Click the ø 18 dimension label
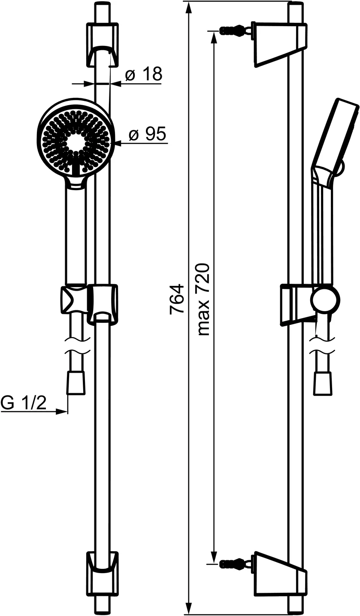coord(143,74)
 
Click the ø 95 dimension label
coord(147,134)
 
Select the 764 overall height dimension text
coord(176,299)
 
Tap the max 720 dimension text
coord(203,299)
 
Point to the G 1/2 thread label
coord(24,403)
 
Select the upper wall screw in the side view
coord(234,30)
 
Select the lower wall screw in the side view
coord(234,563)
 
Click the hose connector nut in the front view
coord(76,383)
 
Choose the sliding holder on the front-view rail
coord(102,303)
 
